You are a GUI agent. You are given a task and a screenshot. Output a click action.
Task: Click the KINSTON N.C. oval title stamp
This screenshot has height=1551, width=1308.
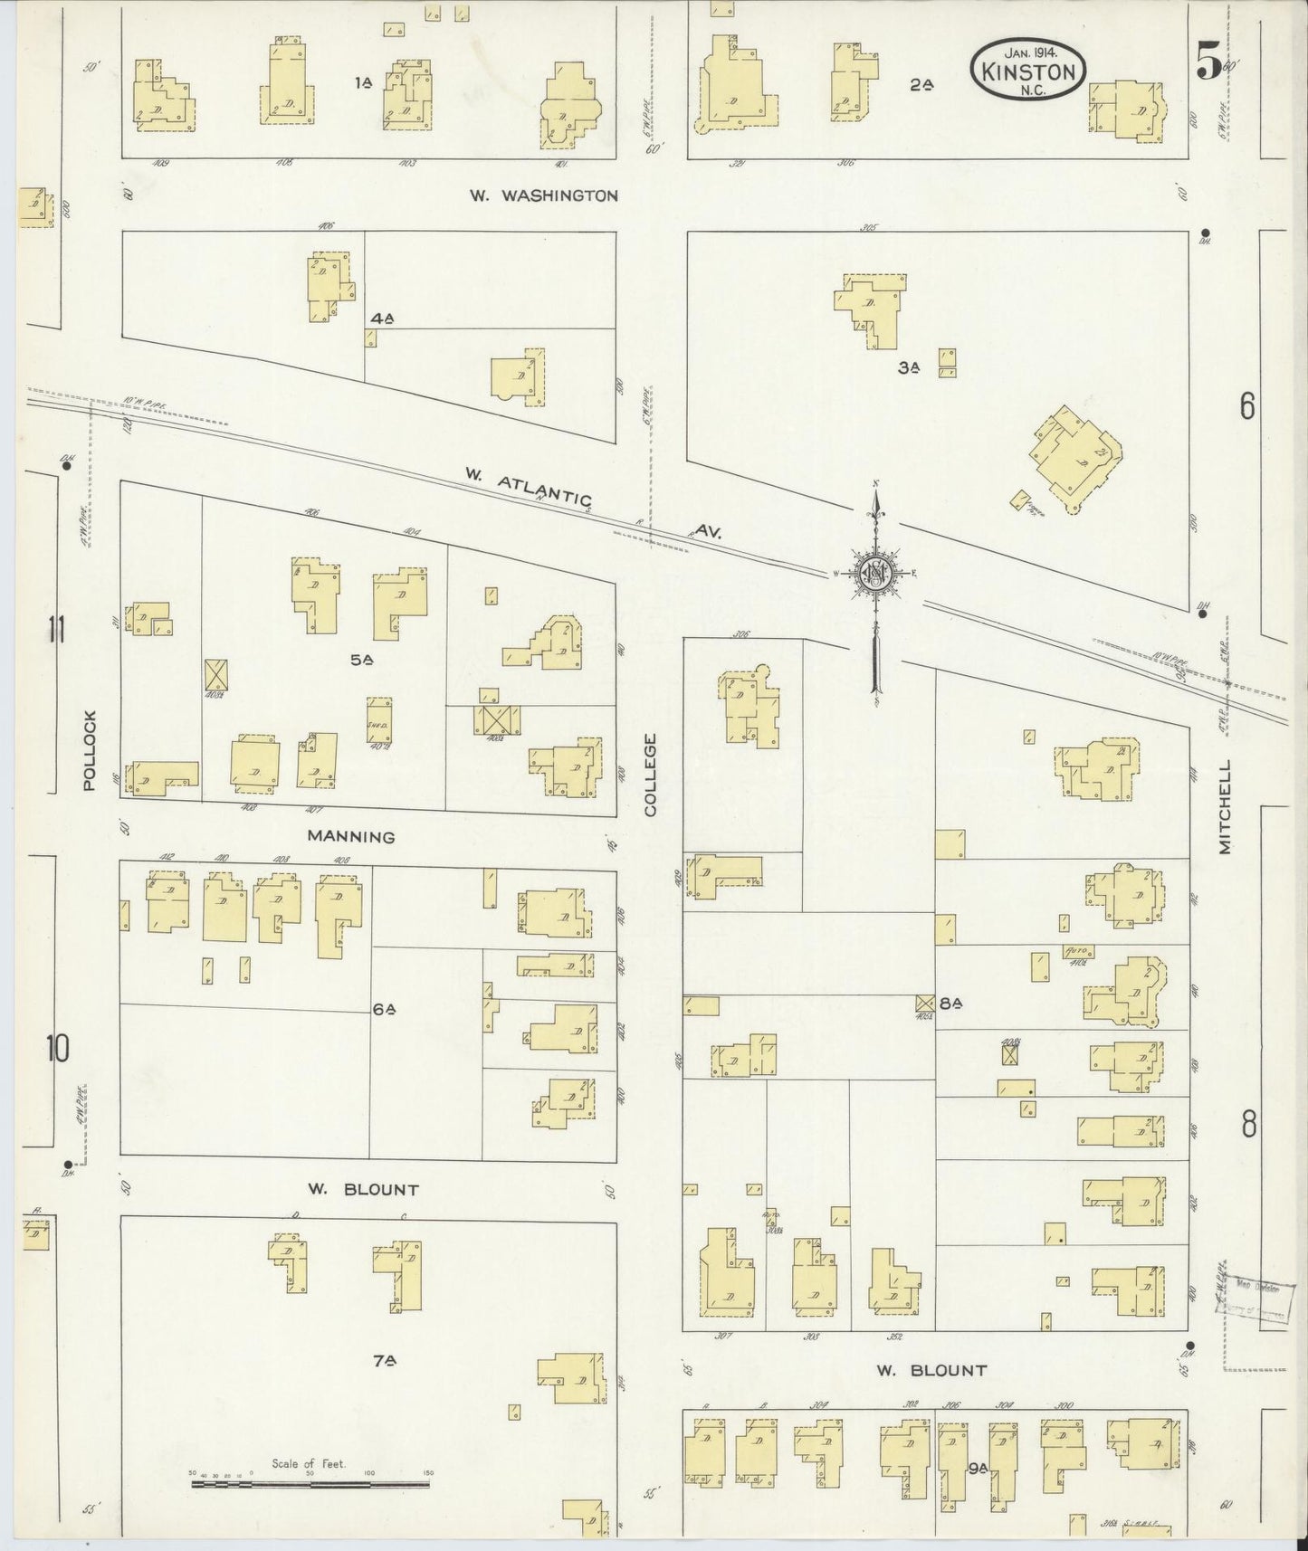point(1028,71)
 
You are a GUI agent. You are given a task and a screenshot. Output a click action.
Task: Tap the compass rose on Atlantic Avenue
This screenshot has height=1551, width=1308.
point(875,573)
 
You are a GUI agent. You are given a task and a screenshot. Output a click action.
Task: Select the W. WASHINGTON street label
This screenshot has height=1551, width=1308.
point(544,195)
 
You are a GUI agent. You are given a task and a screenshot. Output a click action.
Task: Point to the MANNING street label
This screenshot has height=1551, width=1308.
point(351,837)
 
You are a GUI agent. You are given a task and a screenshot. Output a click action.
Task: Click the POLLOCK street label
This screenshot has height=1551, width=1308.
point(89,750)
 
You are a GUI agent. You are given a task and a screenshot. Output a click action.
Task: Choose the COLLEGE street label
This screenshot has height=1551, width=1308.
point(650,775)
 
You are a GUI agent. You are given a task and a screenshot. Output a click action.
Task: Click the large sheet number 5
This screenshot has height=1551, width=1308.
point(1208,63)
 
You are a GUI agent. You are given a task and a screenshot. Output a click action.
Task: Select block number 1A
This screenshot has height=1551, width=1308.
point(364,83)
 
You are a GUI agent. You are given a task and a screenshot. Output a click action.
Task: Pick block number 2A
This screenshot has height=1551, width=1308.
point(921,85)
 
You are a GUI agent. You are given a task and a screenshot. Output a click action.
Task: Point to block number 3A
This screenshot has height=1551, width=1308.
point(909,367)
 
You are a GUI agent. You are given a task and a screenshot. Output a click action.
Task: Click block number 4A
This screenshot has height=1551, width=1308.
point(382,319)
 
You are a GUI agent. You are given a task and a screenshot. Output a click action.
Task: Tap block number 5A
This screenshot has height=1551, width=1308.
point(362,661)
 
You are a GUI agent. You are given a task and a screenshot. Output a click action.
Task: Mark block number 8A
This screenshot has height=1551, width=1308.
point(950,1003)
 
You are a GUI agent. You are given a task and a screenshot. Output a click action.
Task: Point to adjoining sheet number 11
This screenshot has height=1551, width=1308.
point(58,629)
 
